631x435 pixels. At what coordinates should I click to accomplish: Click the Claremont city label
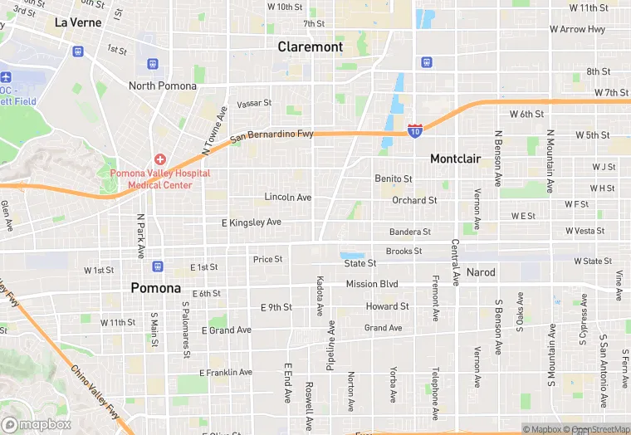coord(310,46)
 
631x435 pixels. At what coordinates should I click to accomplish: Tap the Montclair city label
coord(455,159)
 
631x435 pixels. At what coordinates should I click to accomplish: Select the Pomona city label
coord(155,287)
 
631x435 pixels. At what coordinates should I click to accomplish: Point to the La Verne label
coord(78,22)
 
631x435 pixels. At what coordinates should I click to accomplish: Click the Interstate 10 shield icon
coord(415,131)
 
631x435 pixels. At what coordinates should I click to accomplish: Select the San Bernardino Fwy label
coord(271,134)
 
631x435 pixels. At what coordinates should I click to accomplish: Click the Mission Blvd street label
coord(372,284)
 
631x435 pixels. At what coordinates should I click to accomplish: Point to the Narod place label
coord(481,272)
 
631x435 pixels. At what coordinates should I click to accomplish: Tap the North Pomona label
coord(163,86)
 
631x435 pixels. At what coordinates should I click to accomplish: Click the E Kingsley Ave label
coord(252,222)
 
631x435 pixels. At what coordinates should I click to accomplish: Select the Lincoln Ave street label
coord(287,197)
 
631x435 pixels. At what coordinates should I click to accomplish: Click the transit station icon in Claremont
coord(426,61)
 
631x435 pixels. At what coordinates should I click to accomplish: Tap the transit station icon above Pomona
coord(158,266)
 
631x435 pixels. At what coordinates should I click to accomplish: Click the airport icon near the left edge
coord(6,76)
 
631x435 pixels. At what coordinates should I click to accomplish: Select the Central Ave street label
coord(455,260)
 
